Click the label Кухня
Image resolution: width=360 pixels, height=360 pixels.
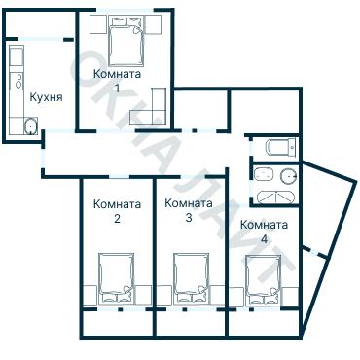(46, 97)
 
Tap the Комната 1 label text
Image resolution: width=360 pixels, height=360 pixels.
(117, 80)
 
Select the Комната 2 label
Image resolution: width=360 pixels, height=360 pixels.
(117, 211)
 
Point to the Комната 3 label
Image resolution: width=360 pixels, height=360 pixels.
(189, 210)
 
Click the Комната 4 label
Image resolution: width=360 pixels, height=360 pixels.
(264, 232)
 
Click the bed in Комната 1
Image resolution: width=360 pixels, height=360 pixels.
(126, 42)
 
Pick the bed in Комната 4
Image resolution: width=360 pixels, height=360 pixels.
(263, 280)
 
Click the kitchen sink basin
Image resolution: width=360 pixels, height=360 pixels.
(31, 126)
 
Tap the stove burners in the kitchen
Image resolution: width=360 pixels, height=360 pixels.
(19, 81)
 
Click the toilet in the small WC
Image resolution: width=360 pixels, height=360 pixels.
(281, 147)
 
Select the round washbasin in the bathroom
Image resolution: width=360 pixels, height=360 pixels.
(289, 175)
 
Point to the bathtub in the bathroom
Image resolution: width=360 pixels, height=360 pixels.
(276, 198)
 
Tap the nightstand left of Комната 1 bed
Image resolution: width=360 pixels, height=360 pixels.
(97, 24)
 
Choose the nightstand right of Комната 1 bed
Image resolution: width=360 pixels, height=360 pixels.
(153, 24)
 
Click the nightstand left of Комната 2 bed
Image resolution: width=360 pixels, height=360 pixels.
(90, 296)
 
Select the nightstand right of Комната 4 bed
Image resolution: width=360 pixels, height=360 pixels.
(290, 297)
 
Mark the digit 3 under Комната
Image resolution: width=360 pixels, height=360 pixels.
(189, 218)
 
